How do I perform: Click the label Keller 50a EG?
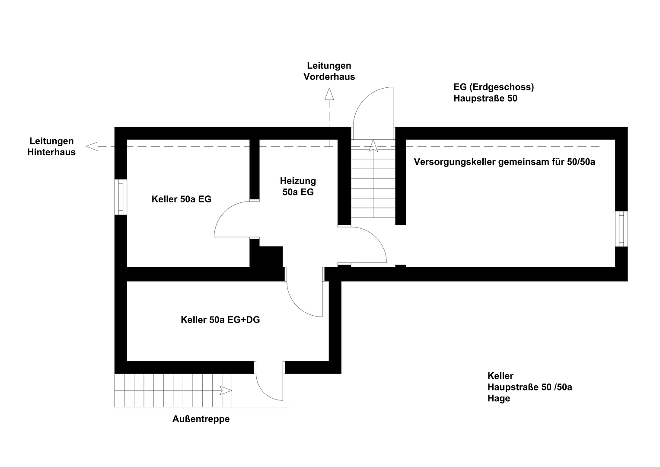pos(182,199)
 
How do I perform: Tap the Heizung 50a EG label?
pos(298,186)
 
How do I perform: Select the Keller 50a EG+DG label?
pos(220,320)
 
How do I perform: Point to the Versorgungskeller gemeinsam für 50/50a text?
pos(504,162)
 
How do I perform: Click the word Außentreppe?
pos(201,419)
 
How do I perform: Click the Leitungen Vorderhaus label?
pos(329,71)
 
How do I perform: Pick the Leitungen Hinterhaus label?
pos(51,147)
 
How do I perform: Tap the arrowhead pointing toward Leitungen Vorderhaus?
pos(329,94)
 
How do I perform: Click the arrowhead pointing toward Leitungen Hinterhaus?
pos(92,147)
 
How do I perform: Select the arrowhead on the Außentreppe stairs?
pos(226,390)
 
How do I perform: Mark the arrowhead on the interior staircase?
pos(373,146)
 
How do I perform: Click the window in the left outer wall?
pos(121,197)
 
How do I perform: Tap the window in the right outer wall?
pos(622,229)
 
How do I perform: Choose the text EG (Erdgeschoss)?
pos(494,87)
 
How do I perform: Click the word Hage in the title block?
pos(498,398)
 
